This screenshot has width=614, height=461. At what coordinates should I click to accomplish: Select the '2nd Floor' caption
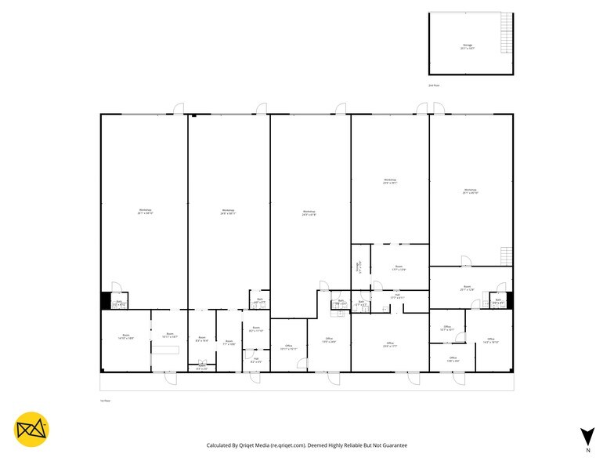pos(433,85)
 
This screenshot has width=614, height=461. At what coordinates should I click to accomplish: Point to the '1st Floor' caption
pos(105,401)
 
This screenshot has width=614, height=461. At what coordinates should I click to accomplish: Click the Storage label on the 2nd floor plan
pos(468,46)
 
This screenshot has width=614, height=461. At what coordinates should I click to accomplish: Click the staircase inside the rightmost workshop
pos(505,256)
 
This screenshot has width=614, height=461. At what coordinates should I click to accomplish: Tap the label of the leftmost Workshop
pos(145,211)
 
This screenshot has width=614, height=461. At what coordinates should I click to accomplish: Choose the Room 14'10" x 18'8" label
pos(125,336)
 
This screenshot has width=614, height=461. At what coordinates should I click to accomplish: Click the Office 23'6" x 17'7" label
pos(389,345)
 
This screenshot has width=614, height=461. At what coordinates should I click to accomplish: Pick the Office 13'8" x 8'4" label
pos(453,359)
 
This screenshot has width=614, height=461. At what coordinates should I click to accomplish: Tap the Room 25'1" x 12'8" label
pos(467,288)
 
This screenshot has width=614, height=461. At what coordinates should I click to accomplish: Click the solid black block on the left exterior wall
pos(106,300)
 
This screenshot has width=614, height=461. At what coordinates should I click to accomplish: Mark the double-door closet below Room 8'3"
pos(202,365)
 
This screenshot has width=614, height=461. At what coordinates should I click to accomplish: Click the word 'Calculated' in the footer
pos(222,445)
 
